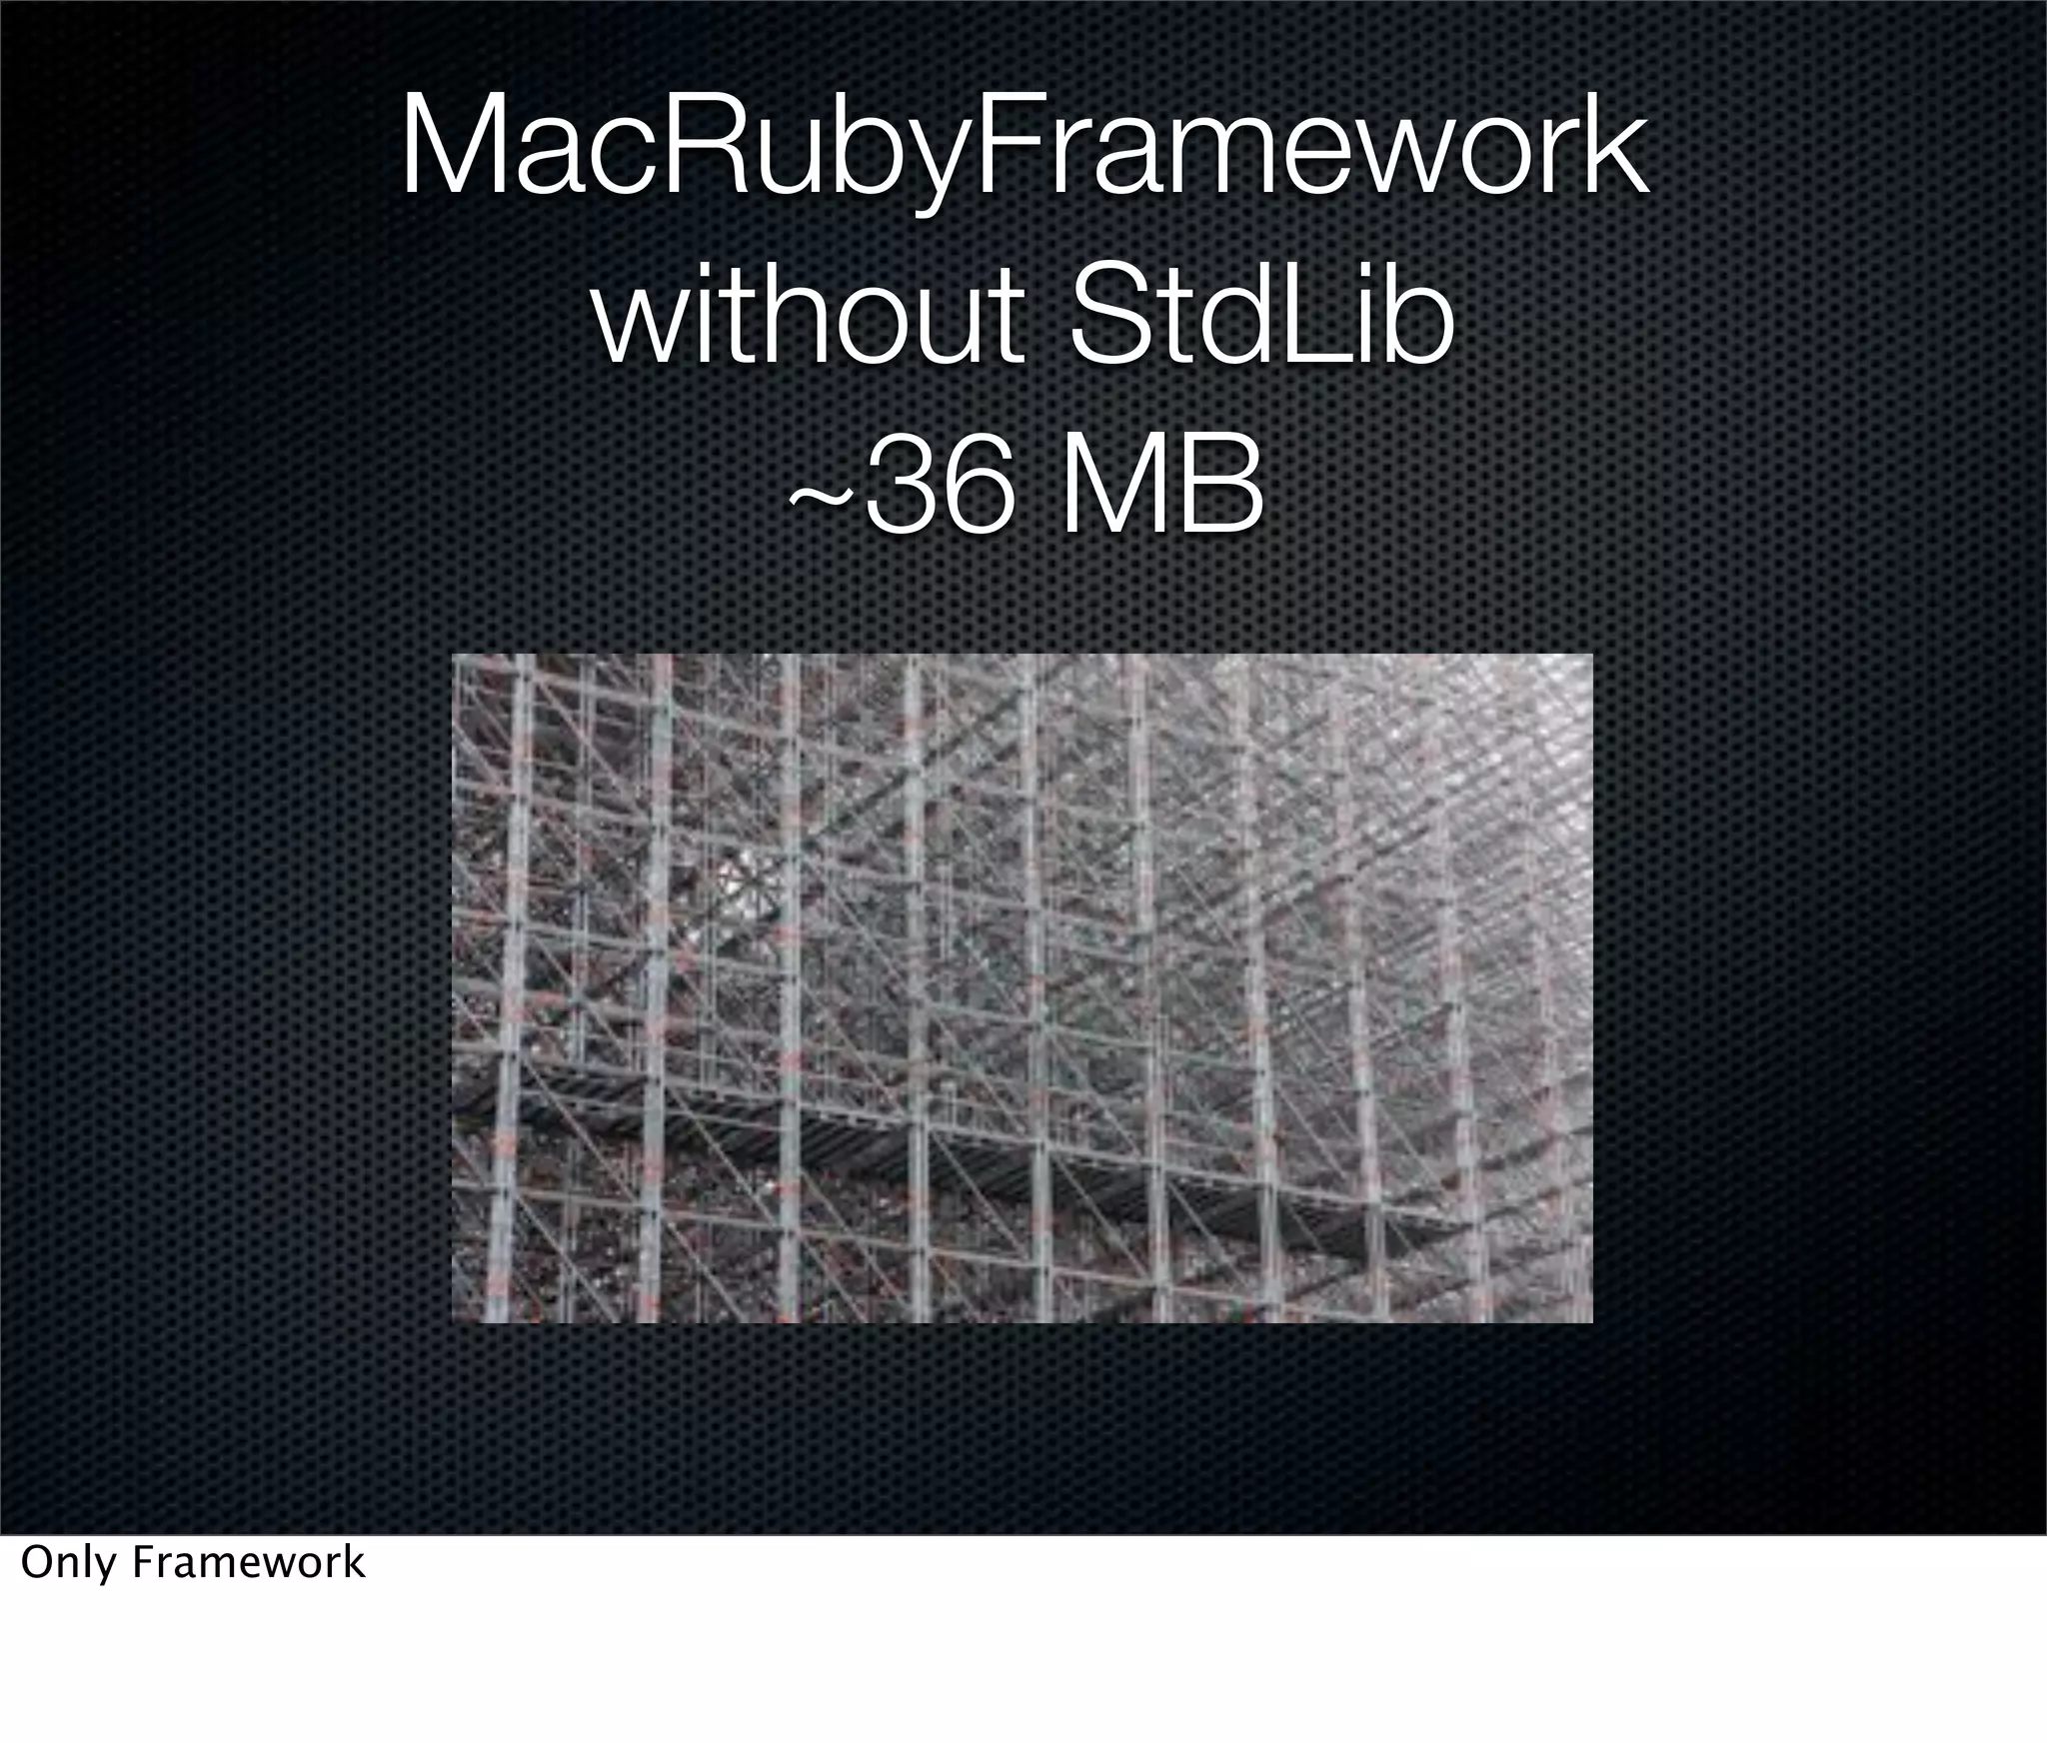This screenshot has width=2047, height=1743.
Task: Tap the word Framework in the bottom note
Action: pyautogui.click(x=249, y=1563)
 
